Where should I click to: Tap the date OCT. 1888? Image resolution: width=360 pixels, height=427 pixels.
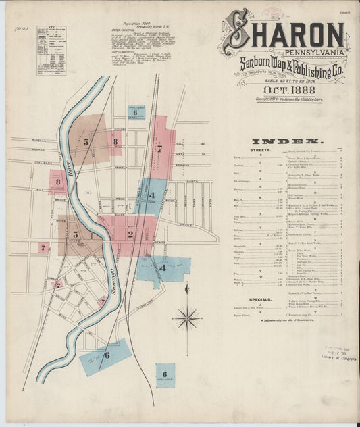288,89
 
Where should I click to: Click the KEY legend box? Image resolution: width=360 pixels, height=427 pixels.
51,49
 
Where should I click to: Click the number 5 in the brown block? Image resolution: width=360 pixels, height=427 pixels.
86,142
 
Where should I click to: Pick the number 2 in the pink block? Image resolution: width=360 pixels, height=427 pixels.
130,234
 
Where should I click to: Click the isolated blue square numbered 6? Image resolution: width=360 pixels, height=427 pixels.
165,374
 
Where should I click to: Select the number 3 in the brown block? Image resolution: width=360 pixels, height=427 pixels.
75,234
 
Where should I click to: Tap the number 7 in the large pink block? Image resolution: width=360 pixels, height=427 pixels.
159,148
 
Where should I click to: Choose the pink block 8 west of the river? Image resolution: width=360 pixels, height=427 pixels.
58,182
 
